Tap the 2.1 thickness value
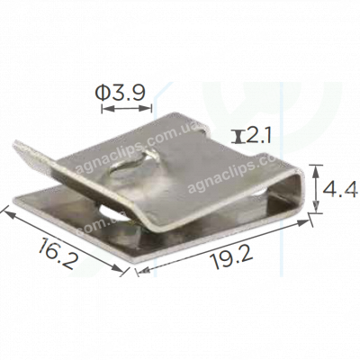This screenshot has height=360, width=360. (258, 136)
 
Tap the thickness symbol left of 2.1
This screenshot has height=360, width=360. (238, 136)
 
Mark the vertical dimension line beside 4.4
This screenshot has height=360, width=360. (317, 189)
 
